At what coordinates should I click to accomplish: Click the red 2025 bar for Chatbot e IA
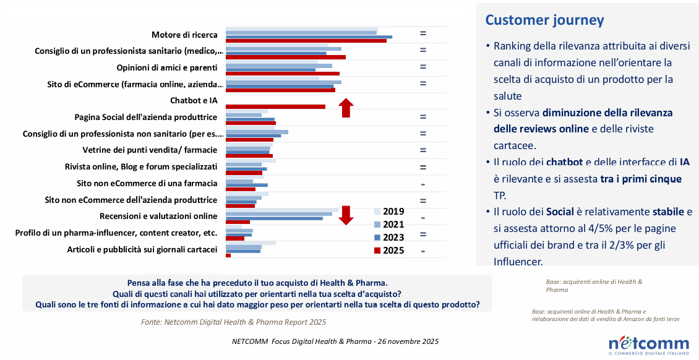(275, 106)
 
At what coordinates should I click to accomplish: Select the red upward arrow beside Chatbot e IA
(346, 108)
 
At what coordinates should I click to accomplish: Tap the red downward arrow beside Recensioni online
(346, 215)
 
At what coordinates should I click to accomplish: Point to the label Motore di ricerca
(184, 35)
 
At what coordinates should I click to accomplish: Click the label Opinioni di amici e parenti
(167, 67)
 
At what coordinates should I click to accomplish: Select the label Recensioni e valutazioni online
(158, 216)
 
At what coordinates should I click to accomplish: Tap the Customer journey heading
(544, 20)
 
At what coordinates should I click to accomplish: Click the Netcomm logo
(648, 344)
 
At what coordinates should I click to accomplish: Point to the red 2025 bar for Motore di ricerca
(306, 41)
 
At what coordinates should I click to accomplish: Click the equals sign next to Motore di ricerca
(423, 33)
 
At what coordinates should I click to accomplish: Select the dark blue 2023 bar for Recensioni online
(274, 218)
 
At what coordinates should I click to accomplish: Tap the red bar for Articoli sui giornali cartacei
(228, 255)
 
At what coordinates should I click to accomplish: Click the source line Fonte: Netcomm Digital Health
(233, 322)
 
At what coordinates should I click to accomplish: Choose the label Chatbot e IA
(193, 100)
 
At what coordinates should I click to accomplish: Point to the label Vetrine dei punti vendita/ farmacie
(150, 150)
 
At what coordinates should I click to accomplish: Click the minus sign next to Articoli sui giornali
(423, 251)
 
